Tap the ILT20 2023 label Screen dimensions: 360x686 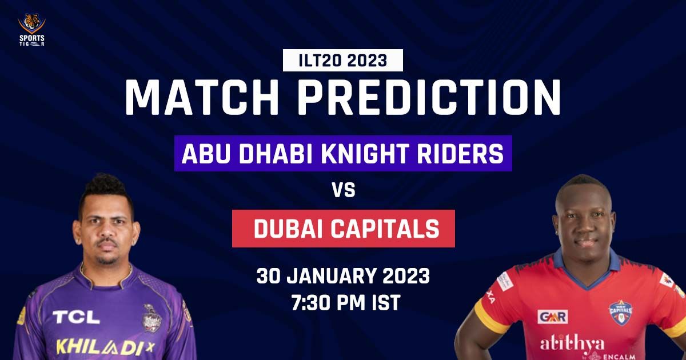pyautogui.click(x=343, y=60)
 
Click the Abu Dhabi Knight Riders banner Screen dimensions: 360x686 pyautogui.click(x=343, y=154)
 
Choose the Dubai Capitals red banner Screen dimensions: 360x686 pyautogui.click(x=343, y=229)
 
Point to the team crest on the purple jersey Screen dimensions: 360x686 pyautogui.click(x=151, y=317)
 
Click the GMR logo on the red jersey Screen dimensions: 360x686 pyautogui.click(x=552, y=316)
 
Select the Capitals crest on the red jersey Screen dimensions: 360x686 pyautogui.click(x=620, y=313)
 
